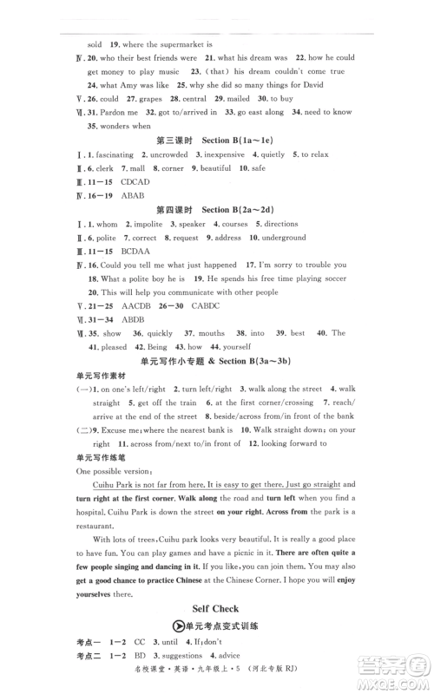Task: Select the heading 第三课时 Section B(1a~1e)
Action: tap(219, 140)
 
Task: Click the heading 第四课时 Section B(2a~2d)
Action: tap(219, 210)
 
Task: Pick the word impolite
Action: tap(143, 224)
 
